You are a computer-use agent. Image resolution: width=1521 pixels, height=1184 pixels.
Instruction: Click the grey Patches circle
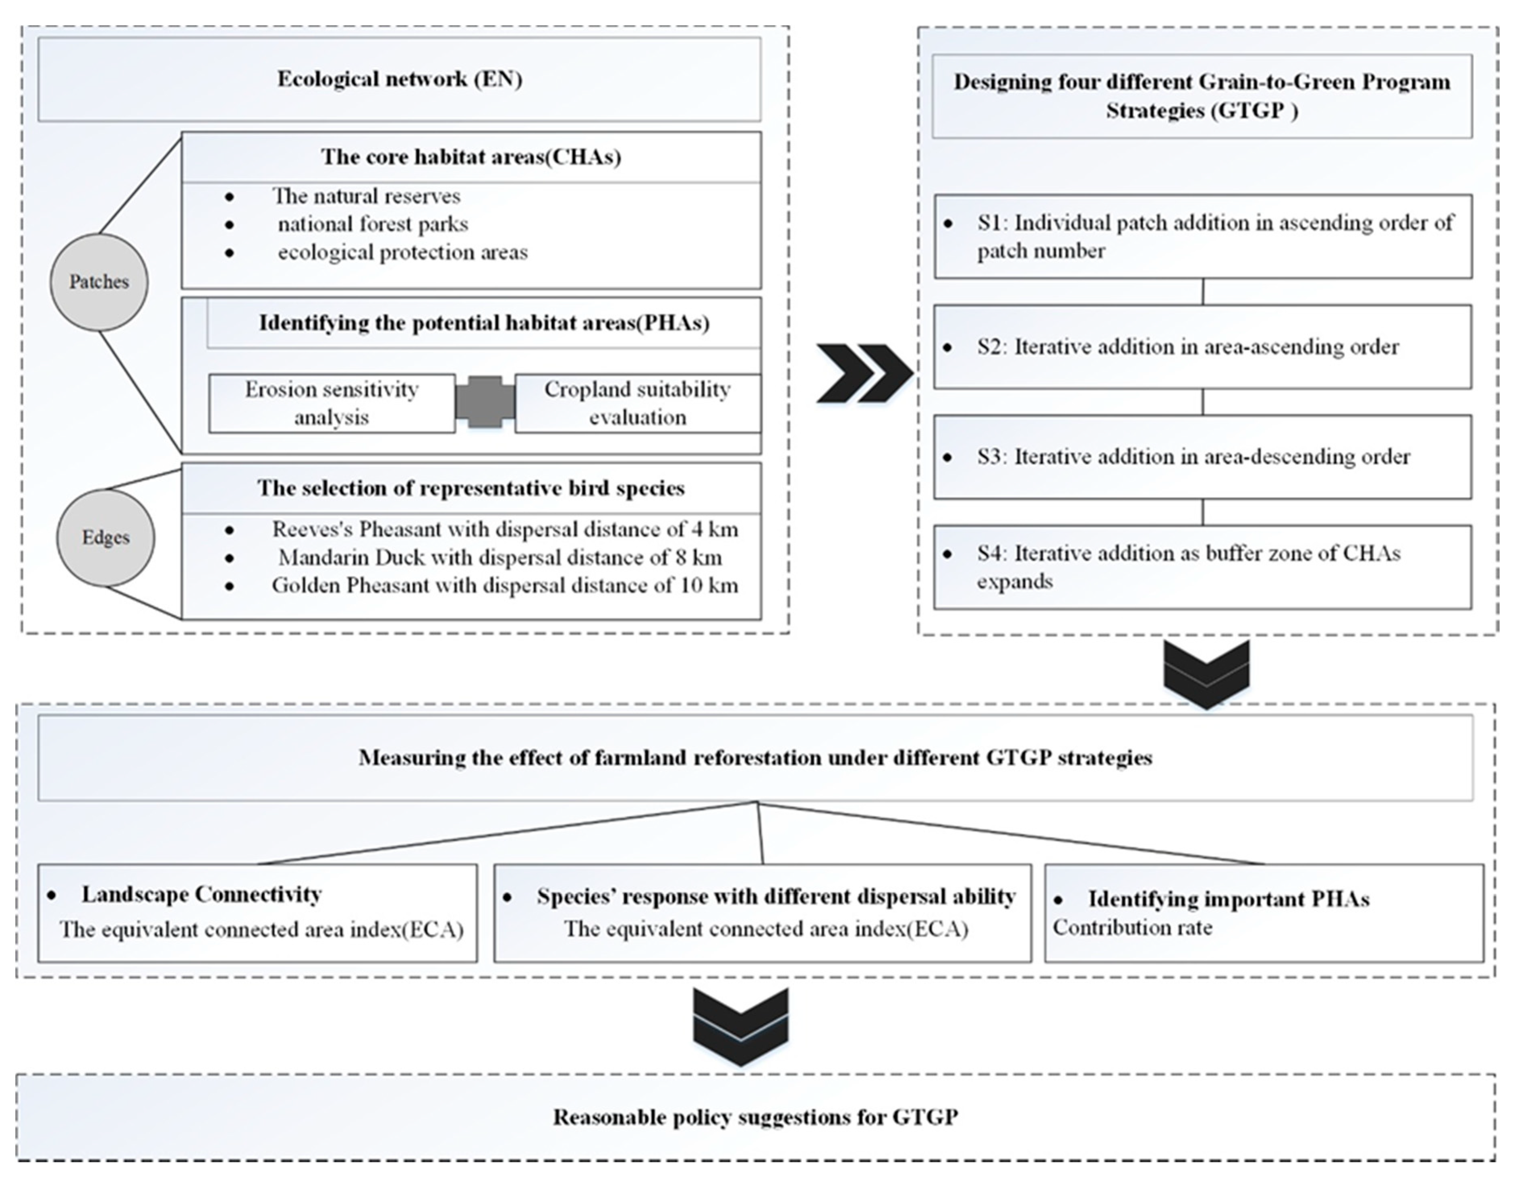99,282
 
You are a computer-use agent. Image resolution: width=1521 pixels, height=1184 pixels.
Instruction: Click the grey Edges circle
105,538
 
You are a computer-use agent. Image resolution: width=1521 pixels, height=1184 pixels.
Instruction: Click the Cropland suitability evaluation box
637,403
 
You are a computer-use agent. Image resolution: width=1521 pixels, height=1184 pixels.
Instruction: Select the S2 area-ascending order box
1203,347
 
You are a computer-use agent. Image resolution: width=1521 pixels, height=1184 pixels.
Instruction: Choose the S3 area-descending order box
1203,457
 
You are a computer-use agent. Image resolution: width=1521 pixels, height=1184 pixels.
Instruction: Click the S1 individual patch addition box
1203,237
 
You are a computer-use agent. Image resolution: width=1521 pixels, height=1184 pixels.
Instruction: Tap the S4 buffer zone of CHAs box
1203,567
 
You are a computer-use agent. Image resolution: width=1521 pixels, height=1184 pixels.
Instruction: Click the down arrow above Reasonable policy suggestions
740,1026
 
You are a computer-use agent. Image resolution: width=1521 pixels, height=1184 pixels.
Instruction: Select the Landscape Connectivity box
258,912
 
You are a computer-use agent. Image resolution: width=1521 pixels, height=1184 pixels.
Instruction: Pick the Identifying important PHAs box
1264,912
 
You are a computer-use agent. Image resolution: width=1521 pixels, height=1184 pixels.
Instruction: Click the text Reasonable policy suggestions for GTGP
756,1117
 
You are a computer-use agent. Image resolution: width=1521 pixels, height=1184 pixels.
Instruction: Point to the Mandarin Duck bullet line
499,558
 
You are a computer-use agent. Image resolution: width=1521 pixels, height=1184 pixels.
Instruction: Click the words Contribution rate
1132,928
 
